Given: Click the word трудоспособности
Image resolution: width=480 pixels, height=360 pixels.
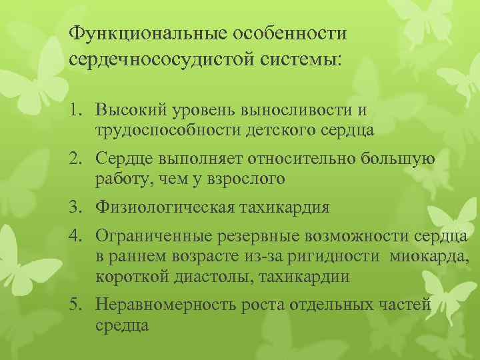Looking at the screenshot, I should click(x=169, y=129).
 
